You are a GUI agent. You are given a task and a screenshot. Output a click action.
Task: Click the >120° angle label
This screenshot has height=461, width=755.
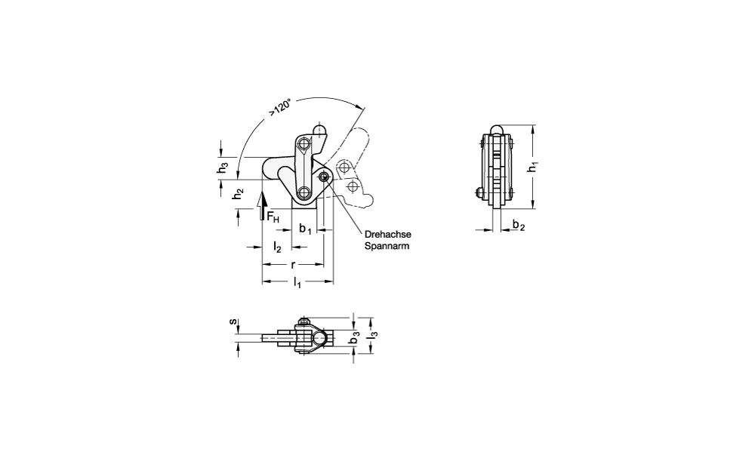280,107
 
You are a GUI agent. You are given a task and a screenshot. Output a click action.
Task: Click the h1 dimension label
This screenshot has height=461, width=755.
533,167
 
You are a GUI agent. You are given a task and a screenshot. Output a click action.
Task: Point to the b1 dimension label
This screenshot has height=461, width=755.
305,229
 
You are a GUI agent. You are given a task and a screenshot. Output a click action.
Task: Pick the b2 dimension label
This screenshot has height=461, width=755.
518,225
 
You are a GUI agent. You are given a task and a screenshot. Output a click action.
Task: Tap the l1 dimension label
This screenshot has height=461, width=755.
297,282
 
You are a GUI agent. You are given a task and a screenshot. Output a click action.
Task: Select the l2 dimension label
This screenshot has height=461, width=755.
277,247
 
